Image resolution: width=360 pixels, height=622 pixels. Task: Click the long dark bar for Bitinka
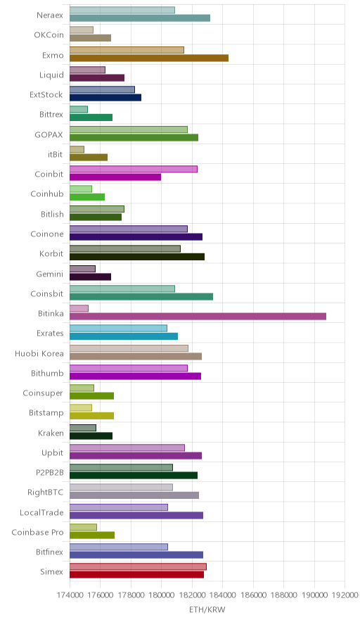click(x=198, y=317)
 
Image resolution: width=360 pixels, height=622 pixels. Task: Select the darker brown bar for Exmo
click(x=149, y=58)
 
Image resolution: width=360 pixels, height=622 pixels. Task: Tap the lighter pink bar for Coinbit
click(x=134, y=170)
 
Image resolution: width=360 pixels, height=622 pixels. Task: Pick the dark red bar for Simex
click(x=137, y=575)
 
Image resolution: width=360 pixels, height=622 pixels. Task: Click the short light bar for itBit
click(x=77, y=150)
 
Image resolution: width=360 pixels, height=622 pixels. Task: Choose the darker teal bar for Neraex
click(x=140, y=18)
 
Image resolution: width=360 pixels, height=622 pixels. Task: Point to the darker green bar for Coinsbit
click(x=141, y=297)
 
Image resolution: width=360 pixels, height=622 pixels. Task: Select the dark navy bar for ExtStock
click(x=105, y=98)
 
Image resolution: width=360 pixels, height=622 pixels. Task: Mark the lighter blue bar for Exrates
click(x=119, y=329)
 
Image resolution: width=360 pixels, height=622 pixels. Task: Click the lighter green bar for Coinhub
click(x=81, y=189)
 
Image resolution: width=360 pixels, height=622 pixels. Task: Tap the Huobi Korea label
click(x=39, y=353)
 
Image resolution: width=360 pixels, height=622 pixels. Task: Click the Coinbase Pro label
click(x=38, y=533)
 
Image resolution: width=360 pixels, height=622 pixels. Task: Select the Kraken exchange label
click(x=51, y=433)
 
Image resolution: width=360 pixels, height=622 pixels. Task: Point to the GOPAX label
click(x=49, y=135)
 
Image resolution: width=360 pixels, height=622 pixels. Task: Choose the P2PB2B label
click(x=49, y=473)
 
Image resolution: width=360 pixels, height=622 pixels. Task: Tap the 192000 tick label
click(x=345, y=595)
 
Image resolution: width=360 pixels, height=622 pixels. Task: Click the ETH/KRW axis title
click(x=207, y=610)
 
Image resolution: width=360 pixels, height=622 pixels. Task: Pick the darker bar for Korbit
click(x=137, y=257)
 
